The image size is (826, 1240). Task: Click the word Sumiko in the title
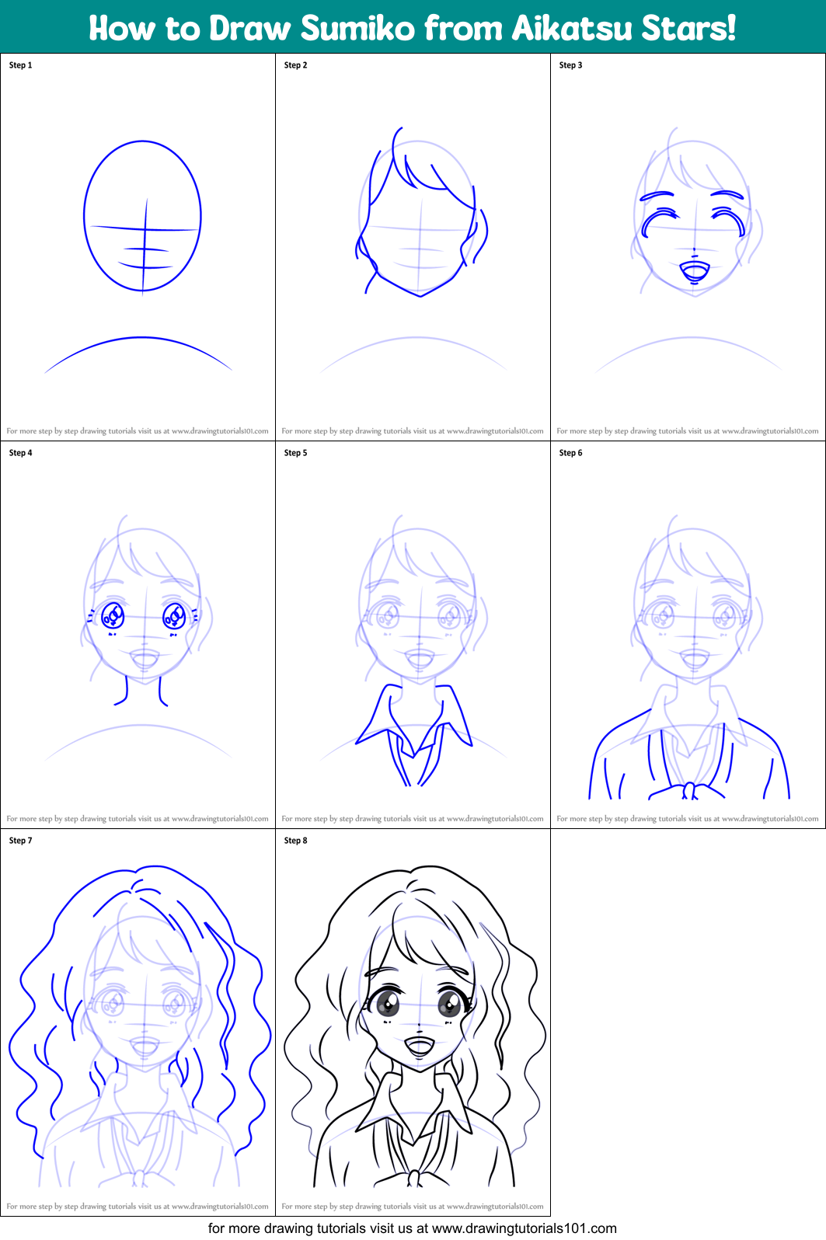[x=357, y=29]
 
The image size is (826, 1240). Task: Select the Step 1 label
[x=20, y=65]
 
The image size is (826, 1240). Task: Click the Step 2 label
[x=295, y=65]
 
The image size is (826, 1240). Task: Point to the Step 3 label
[x=570, y=65]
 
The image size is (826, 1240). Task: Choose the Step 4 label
[x=20, y=453]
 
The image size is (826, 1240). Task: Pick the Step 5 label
[x=295, y=453]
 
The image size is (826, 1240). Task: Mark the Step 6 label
[x=570, y=453]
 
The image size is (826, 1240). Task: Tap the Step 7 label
[x=20, y=841]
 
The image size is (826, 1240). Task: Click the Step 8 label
[x=295, y=841]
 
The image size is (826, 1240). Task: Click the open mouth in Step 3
[x=694, y=272]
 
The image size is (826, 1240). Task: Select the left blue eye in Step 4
[x=113, y=616]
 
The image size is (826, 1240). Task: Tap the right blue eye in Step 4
[x=173, y=616]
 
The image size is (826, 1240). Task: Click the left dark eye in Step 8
[x=388, y=1004]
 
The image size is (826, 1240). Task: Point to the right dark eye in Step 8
[x=449, y=1004]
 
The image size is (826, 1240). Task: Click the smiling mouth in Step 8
[x=420, y=1046]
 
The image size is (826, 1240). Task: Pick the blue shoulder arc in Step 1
[x=141, y=339]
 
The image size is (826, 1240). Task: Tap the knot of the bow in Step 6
[x=689, y=791]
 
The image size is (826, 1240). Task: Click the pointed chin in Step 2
[x=420, y=295]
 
